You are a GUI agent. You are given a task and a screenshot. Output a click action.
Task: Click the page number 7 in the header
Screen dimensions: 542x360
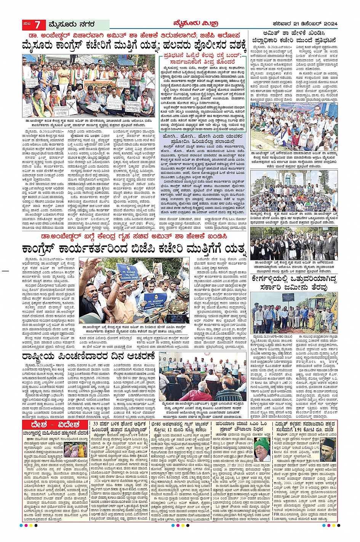[37, 25]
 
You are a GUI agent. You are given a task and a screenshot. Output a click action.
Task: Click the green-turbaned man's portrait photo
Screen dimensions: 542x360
[262, 448]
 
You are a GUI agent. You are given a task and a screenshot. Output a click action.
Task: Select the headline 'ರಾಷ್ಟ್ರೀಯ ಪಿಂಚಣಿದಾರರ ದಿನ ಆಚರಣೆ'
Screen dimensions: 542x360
[88, 357]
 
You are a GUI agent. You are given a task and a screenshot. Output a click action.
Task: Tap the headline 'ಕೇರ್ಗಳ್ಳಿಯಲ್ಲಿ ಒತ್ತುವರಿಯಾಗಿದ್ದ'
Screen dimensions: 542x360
[294, 279]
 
